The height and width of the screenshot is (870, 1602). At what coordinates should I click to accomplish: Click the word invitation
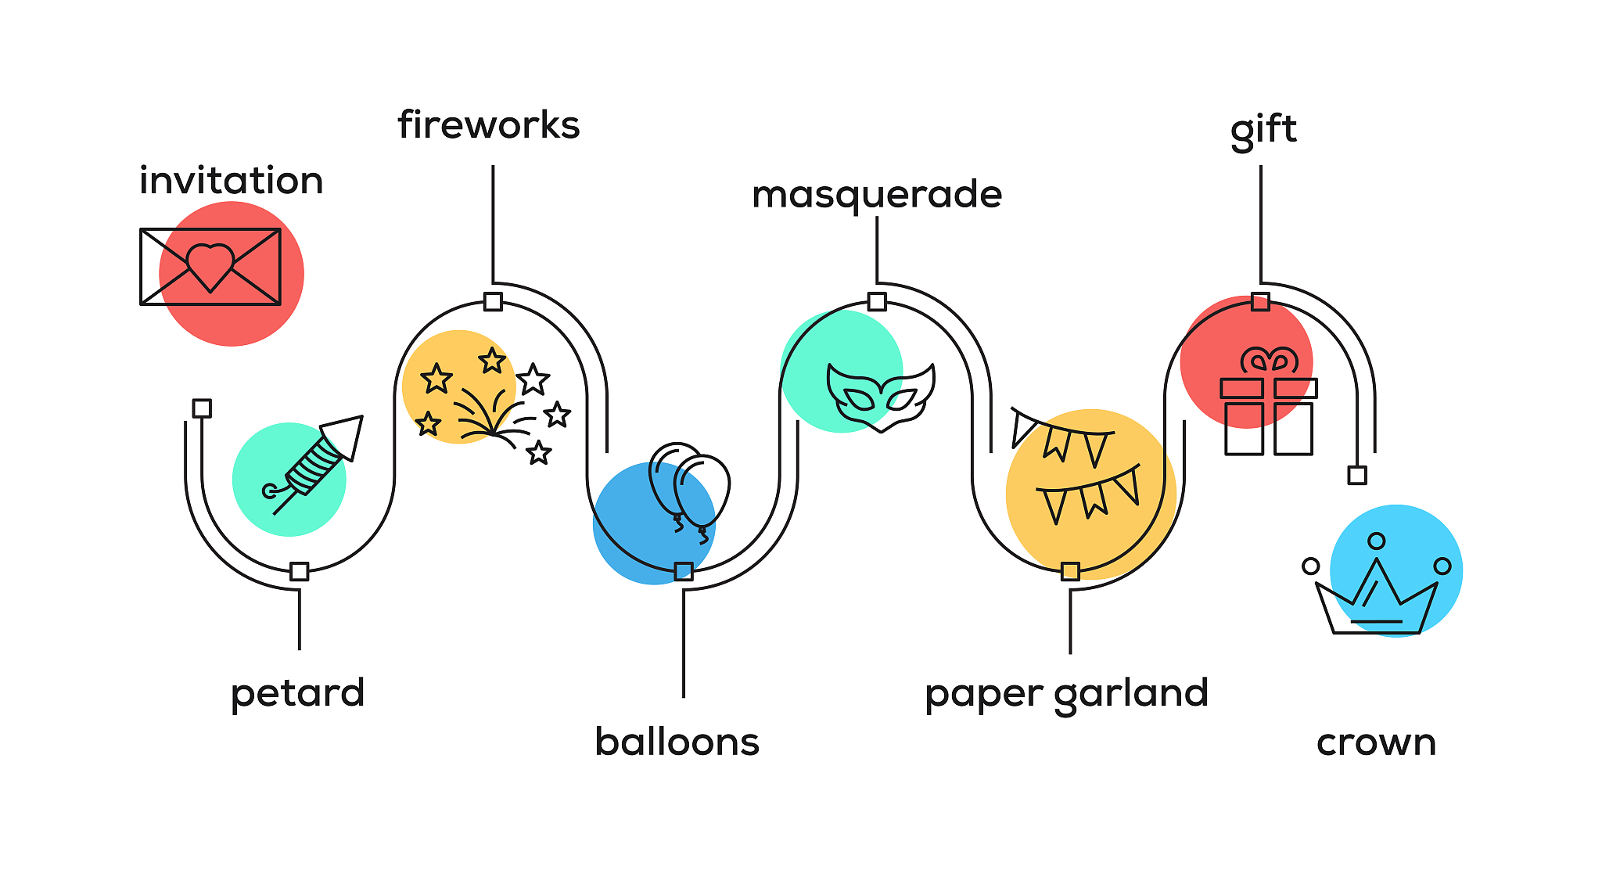[231, 181]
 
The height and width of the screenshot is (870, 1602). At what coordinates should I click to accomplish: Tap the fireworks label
[488, 125]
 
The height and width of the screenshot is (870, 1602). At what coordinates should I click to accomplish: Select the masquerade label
[876, 194]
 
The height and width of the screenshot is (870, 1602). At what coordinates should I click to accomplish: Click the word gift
[1263, 130]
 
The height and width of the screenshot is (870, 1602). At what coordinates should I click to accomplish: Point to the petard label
[297, 693]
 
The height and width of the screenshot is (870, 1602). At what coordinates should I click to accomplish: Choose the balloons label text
[677, 742]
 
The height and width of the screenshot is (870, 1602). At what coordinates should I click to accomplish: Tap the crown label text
[1376, 742]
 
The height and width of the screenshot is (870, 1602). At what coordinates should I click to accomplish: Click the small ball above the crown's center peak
[1376, 541]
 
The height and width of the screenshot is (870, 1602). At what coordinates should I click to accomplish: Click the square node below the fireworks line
[493, 301]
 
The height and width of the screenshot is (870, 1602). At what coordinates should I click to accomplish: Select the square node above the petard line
[299, 571]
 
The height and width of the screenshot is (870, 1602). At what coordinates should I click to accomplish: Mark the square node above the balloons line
[684, 571]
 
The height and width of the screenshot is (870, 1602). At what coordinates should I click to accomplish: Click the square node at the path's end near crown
[1357, 475]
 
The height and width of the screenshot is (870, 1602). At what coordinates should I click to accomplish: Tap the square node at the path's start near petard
[202, 408]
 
